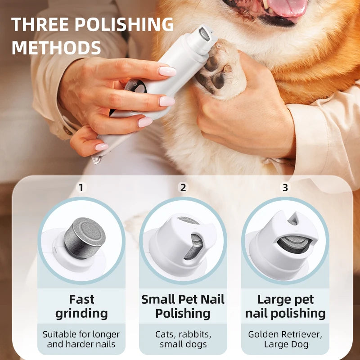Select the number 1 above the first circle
(81, 188)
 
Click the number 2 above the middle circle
(183, 188)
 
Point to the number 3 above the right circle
(285, 188)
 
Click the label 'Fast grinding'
(81, 306)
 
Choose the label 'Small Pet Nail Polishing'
(183, 306)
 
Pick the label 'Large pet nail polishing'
(285, 306)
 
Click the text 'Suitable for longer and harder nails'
(81, 339)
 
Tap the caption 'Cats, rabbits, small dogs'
(183, 339)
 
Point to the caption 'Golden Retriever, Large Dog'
(285, 339)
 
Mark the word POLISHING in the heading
(124, 24)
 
